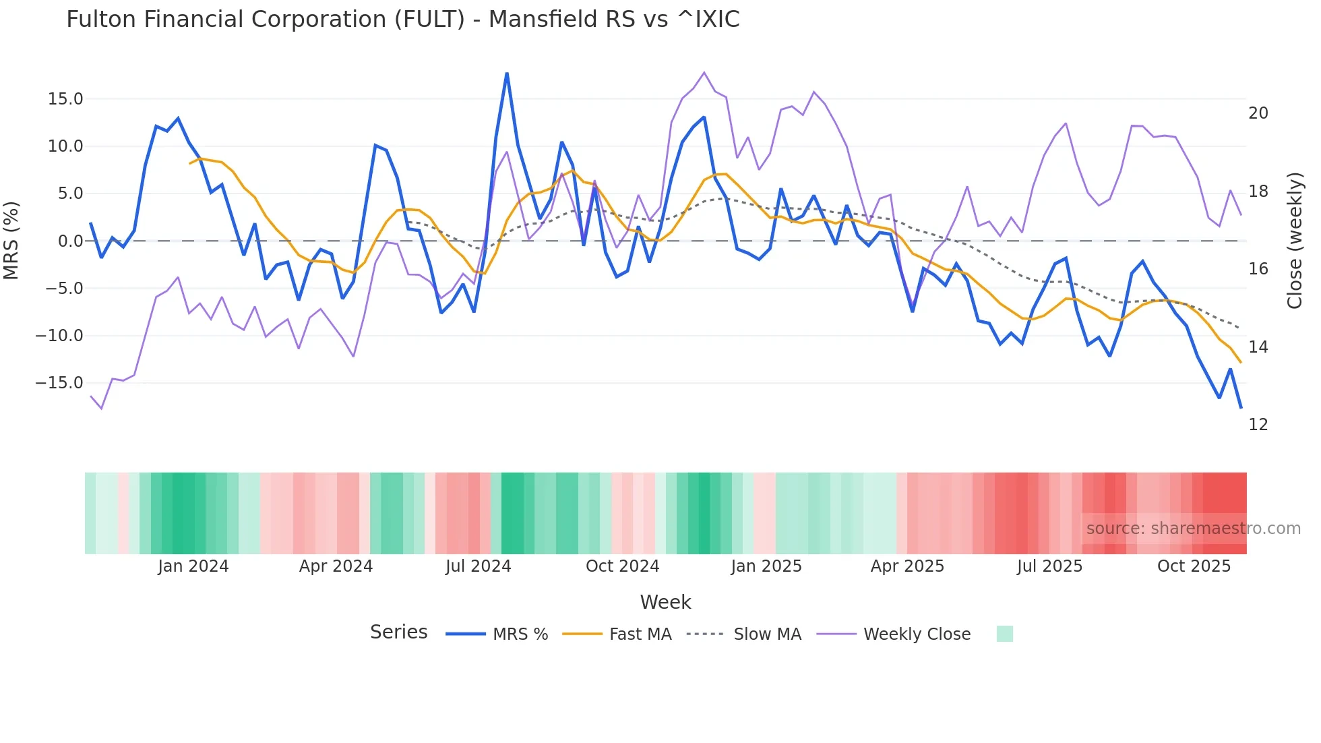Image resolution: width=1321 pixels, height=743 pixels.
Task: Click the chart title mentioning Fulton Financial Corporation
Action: (x=402, y=20)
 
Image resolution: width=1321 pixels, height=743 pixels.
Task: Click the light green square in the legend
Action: (x=1004, y=634)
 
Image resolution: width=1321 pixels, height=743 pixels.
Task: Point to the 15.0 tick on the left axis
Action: (x=65, y=99)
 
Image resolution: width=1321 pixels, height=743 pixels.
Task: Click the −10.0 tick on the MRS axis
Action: (x=59, y=336)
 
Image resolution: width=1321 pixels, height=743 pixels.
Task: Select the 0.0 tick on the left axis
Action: (x=70, y=241)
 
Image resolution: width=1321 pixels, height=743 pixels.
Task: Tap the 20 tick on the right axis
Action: (x=1258, y=113)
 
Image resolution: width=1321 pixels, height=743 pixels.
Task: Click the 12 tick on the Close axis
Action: (x=1258, y=425)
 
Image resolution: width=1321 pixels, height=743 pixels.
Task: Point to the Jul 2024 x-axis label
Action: (x=478, y=566)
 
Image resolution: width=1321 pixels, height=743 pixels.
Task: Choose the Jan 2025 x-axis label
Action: (x=766, y=566)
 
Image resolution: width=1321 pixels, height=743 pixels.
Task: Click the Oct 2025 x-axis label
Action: (x=1194, y=566)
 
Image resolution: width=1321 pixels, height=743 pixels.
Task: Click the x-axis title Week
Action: (x=665, y=602)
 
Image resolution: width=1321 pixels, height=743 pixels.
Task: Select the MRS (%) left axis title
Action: (x=11, y=241)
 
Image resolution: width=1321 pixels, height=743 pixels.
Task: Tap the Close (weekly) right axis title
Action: (x=1295, y=241)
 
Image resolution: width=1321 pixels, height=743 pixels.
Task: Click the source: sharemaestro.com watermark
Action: (x=1193, y=529)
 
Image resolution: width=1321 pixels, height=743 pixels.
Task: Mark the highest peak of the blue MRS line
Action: (x=507, y=73)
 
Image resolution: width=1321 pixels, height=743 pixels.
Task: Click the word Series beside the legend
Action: (x=398, y=632)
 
